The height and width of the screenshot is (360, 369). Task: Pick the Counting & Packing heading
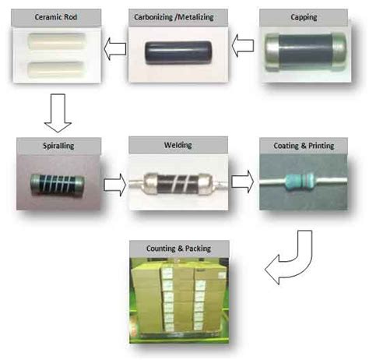[x=178, y=249]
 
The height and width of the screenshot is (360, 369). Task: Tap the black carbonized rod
[x=177, y=52]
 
